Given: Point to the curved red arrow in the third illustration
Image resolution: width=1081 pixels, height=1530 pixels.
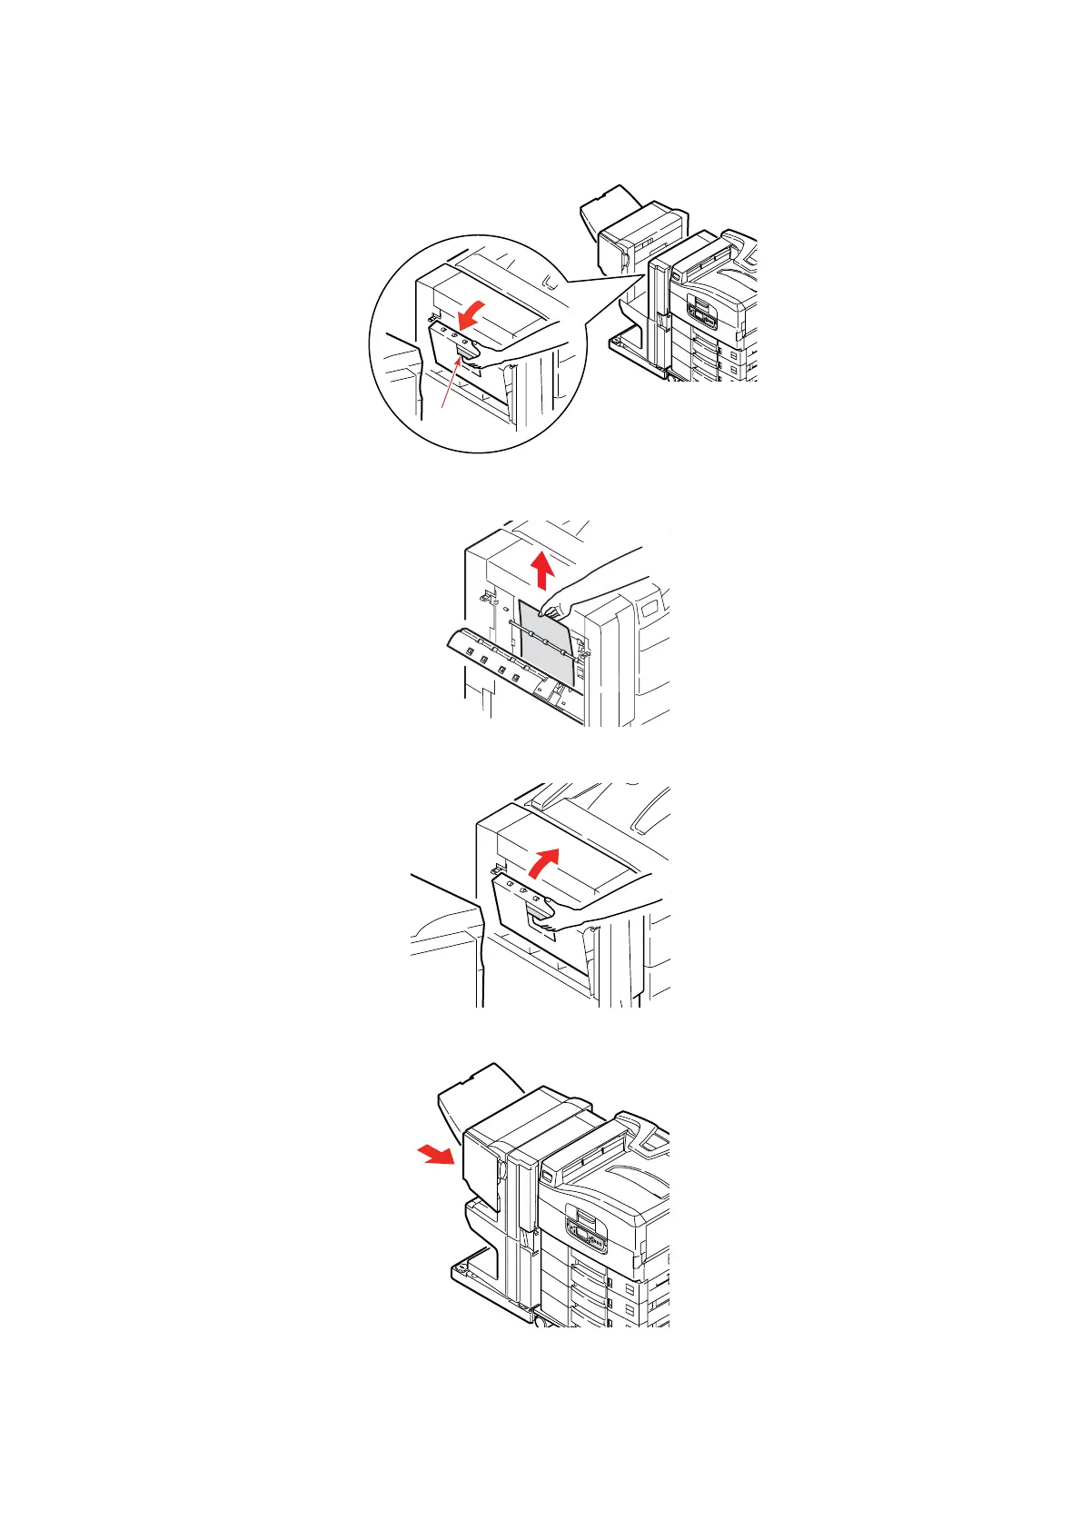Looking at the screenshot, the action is click(541, 861).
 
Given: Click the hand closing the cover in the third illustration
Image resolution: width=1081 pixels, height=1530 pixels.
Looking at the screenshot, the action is click(590, 913).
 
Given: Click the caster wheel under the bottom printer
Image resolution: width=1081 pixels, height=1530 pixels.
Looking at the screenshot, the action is click(541, 1322).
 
